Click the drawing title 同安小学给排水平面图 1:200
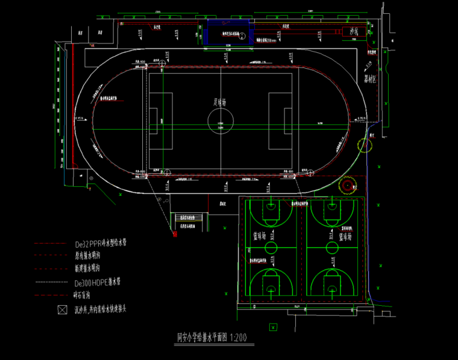tap(211, 338)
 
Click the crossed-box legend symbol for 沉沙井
tap(61, 310)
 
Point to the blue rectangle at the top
tap(230, 31)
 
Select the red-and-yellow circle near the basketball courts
tap(348, 186)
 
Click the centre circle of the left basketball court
tap(271, 247)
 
